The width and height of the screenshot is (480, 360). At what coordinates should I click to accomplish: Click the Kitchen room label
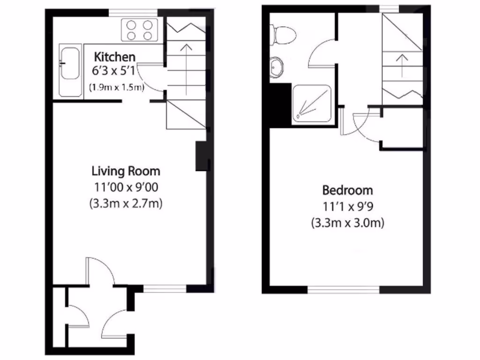(115, 57)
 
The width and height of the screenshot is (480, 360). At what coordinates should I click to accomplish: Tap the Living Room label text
(126, 171)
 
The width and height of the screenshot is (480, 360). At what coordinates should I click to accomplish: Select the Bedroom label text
(347, 190)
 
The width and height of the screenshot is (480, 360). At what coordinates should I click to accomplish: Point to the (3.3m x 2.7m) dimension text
(126, 204)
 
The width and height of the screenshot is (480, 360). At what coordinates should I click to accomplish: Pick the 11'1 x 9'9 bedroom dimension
(347, 207)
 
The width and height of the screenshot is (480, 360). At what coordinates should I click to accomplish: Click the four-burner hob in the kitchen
(139, 30)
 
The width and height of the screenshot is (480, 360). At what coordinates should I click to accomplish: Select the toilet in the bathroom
(284, 34)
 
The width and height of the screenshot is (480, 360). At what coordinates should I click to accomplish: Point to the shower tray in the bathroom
(311, 105)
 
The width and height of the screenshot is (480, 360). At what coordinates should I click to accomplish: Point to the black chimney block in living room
(201, 156)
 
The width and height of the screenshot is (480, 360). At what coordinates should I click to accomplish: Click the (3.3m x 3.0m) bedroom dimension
(347, 223)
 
